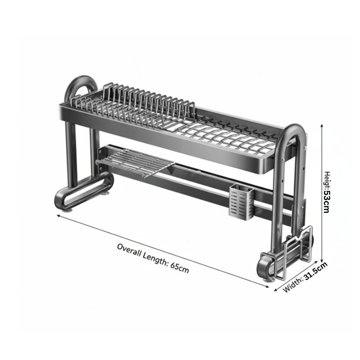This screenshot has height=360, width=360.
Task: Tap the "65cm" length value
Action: pos(179,269)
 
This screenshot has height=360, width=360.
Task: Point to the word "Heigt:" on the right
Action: pos(326,183)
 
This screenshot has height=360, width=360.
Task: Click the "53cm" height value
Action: pos(326,203)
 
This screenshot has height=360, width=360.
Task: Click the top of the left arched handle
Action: pos(82,79)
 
